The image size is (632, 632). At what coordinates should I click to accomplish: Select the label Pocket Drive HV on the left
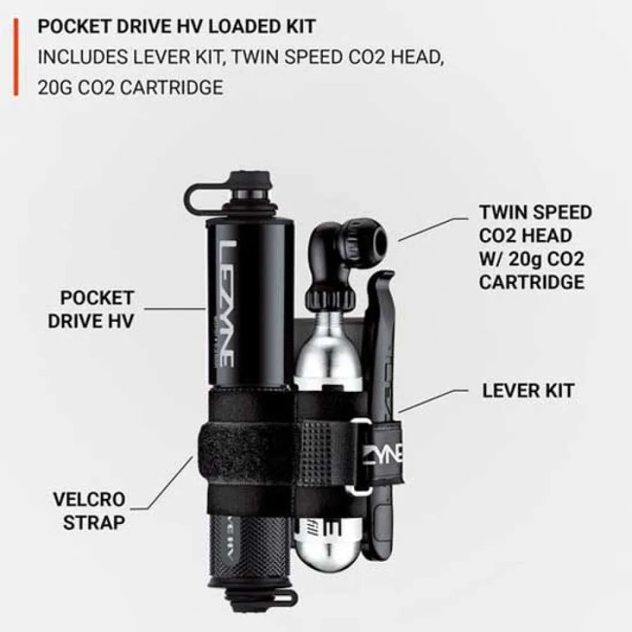coord(96,309)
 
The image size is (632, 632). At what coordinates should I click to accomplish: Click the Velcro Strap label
coord(89,511)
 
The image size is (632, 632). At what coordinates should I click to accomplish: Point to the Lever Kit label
coord(528,391)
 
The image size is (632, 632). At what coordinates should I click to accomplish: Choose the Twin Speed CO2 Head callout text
coord(534,247)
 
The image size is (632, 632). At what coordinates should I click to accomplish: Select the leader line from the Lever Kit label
coord(433,400)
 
